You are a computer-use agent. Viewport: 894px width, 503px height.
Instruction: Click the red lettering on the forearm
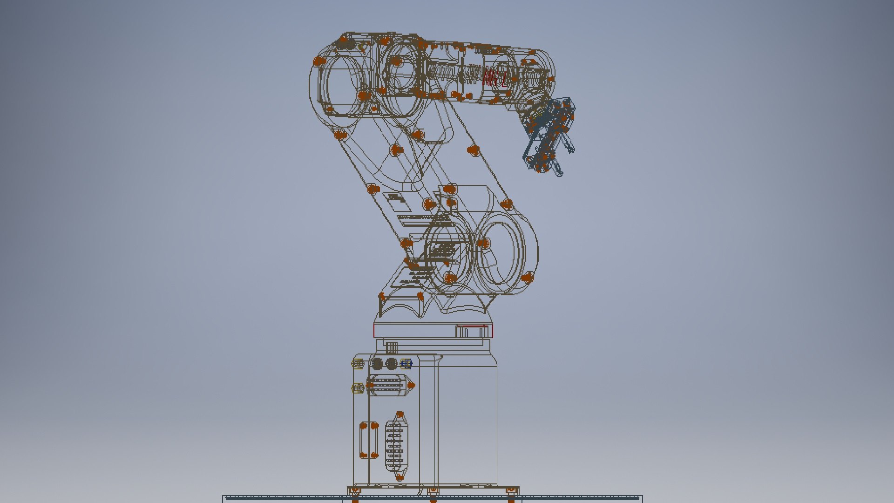(x=494, y=78)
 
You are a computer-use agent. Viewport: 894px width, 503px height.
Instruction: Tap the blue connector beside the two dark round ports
(x=406, y=364)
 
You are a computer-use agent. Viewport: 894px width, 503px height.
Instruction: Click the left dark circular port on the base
(x=377, y=364)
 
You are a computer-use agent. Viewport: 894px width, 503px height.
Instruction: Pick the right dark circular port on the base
(x=392, y=364)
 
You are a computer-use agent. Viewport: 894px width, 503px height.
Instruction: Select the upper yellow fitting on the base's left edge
(x=357, y=364)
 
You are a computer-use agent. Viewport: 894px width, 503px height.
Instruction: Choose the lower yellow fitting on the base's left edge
(x=357, y=387)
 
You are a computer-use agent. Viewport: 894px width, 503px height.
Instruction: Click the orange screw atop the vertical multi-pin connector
(x=400, y=414)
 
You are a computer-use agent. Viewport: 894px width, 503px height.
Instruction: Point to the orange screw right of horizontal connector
(x=411, y=385)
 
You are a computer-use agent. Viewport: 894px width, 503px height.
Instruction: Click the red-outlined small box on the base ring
(x=473, y=332)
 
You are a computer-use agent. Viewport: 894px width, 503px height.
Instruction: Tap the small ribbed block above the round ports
(x=392, y=347)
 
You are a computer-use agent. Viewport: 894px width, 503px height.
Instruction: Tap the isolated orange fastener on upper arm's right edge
(x=473, y=150)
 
